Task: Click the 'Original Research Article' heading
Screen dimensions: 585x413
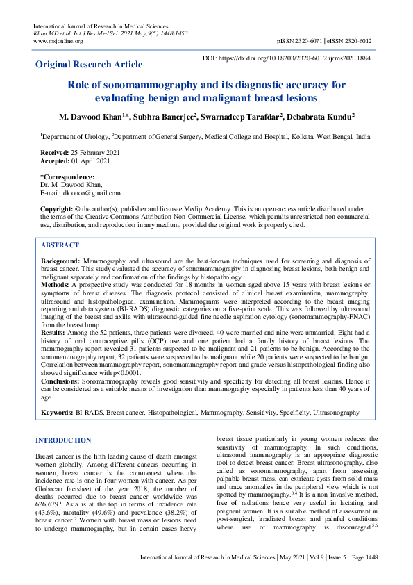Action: click(x=89, y=64)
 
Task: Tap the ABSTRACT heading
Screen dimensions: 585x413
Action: click(x=60, y=245)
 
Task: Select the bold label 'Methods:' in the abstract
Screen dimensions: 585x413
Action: click(x=55, y=284)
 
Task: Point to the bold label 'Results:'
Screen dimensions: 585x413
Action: click(x=54, y=333)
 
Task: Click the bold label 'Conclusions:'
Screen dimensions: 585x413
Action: click(x=60, y=381)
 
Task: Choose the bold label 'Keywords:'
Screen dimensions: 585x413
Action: click(x=58, y=413)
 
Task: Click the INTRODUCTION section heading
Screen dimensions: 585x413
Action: click(x=63, y=440)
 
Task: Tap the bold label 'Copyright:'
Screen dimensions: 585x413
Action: click(x=57, y=208)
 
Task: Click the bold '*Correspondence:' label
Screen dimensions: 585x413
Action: click(x=67, y=176)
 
